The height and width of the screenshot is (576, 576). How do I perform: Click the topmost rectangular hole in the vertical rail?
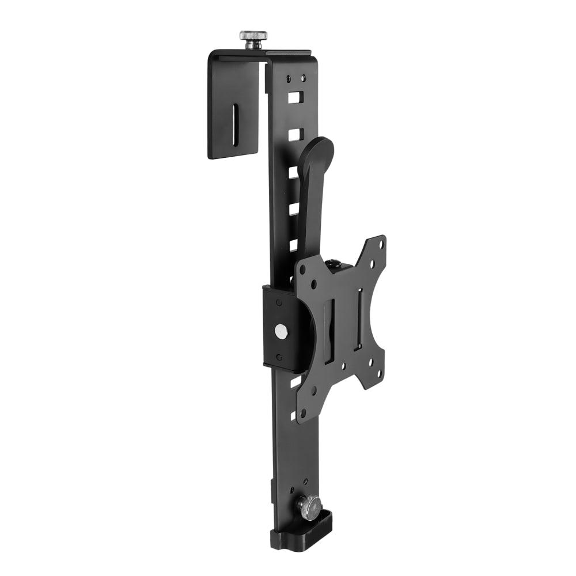pyautogui.click(x=294, y=97)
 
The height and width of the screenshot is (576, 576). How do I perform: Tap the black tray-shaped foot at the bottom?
pyautogui.click(x=302, y=533)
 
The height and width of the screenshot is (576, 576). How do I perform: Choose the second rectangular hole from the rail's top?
pyautogui.click(x=294, y=134)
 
